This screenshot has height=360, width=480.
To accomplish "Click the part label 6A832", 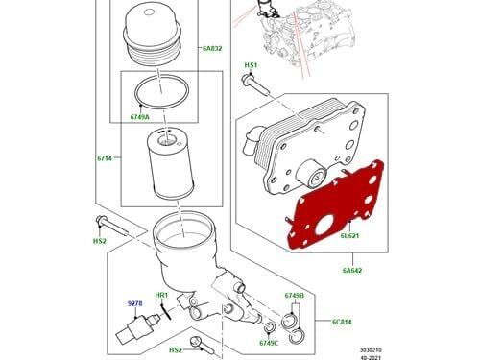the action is (212, 49).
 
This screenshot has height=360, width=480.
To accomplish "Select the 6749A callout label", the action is (139, 117).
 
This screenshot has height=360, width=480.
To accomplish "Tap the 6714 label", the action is (105, 158).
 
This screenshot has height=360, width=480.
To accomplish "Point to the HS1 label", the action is (251, 65).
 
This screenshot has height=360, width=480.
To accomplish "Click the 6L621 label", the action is (349, 236).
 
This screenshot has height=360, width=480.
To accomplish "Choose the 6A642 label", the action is (352, 271).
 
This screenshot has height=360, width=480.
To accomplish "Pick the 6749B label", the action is (295, 296).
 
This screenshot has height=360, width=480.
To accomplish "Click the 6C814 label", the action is (342, 322).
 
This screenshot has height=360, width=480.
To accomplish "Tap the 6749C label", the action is (269, 343).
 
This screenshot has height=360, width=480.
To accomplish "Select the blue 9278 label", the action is (134, 303).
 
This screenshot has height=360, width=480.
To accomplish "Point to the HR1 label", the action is (161, 295).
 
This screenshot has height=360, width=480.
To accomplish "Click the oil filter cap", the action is (153, 36).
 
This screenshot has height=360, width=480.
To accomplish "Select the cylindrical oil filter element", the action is (170, 162).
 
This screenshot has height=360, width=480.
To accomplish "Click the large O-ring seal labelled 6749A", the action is (161, 91).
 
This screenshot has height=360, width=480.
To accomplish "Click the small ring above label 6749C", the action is (271, 327).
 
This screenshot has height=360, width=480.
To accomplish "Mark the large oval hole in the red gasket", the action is (324, 225).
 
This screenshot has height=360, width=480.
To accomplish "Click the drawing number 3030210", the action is (371, 350).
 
